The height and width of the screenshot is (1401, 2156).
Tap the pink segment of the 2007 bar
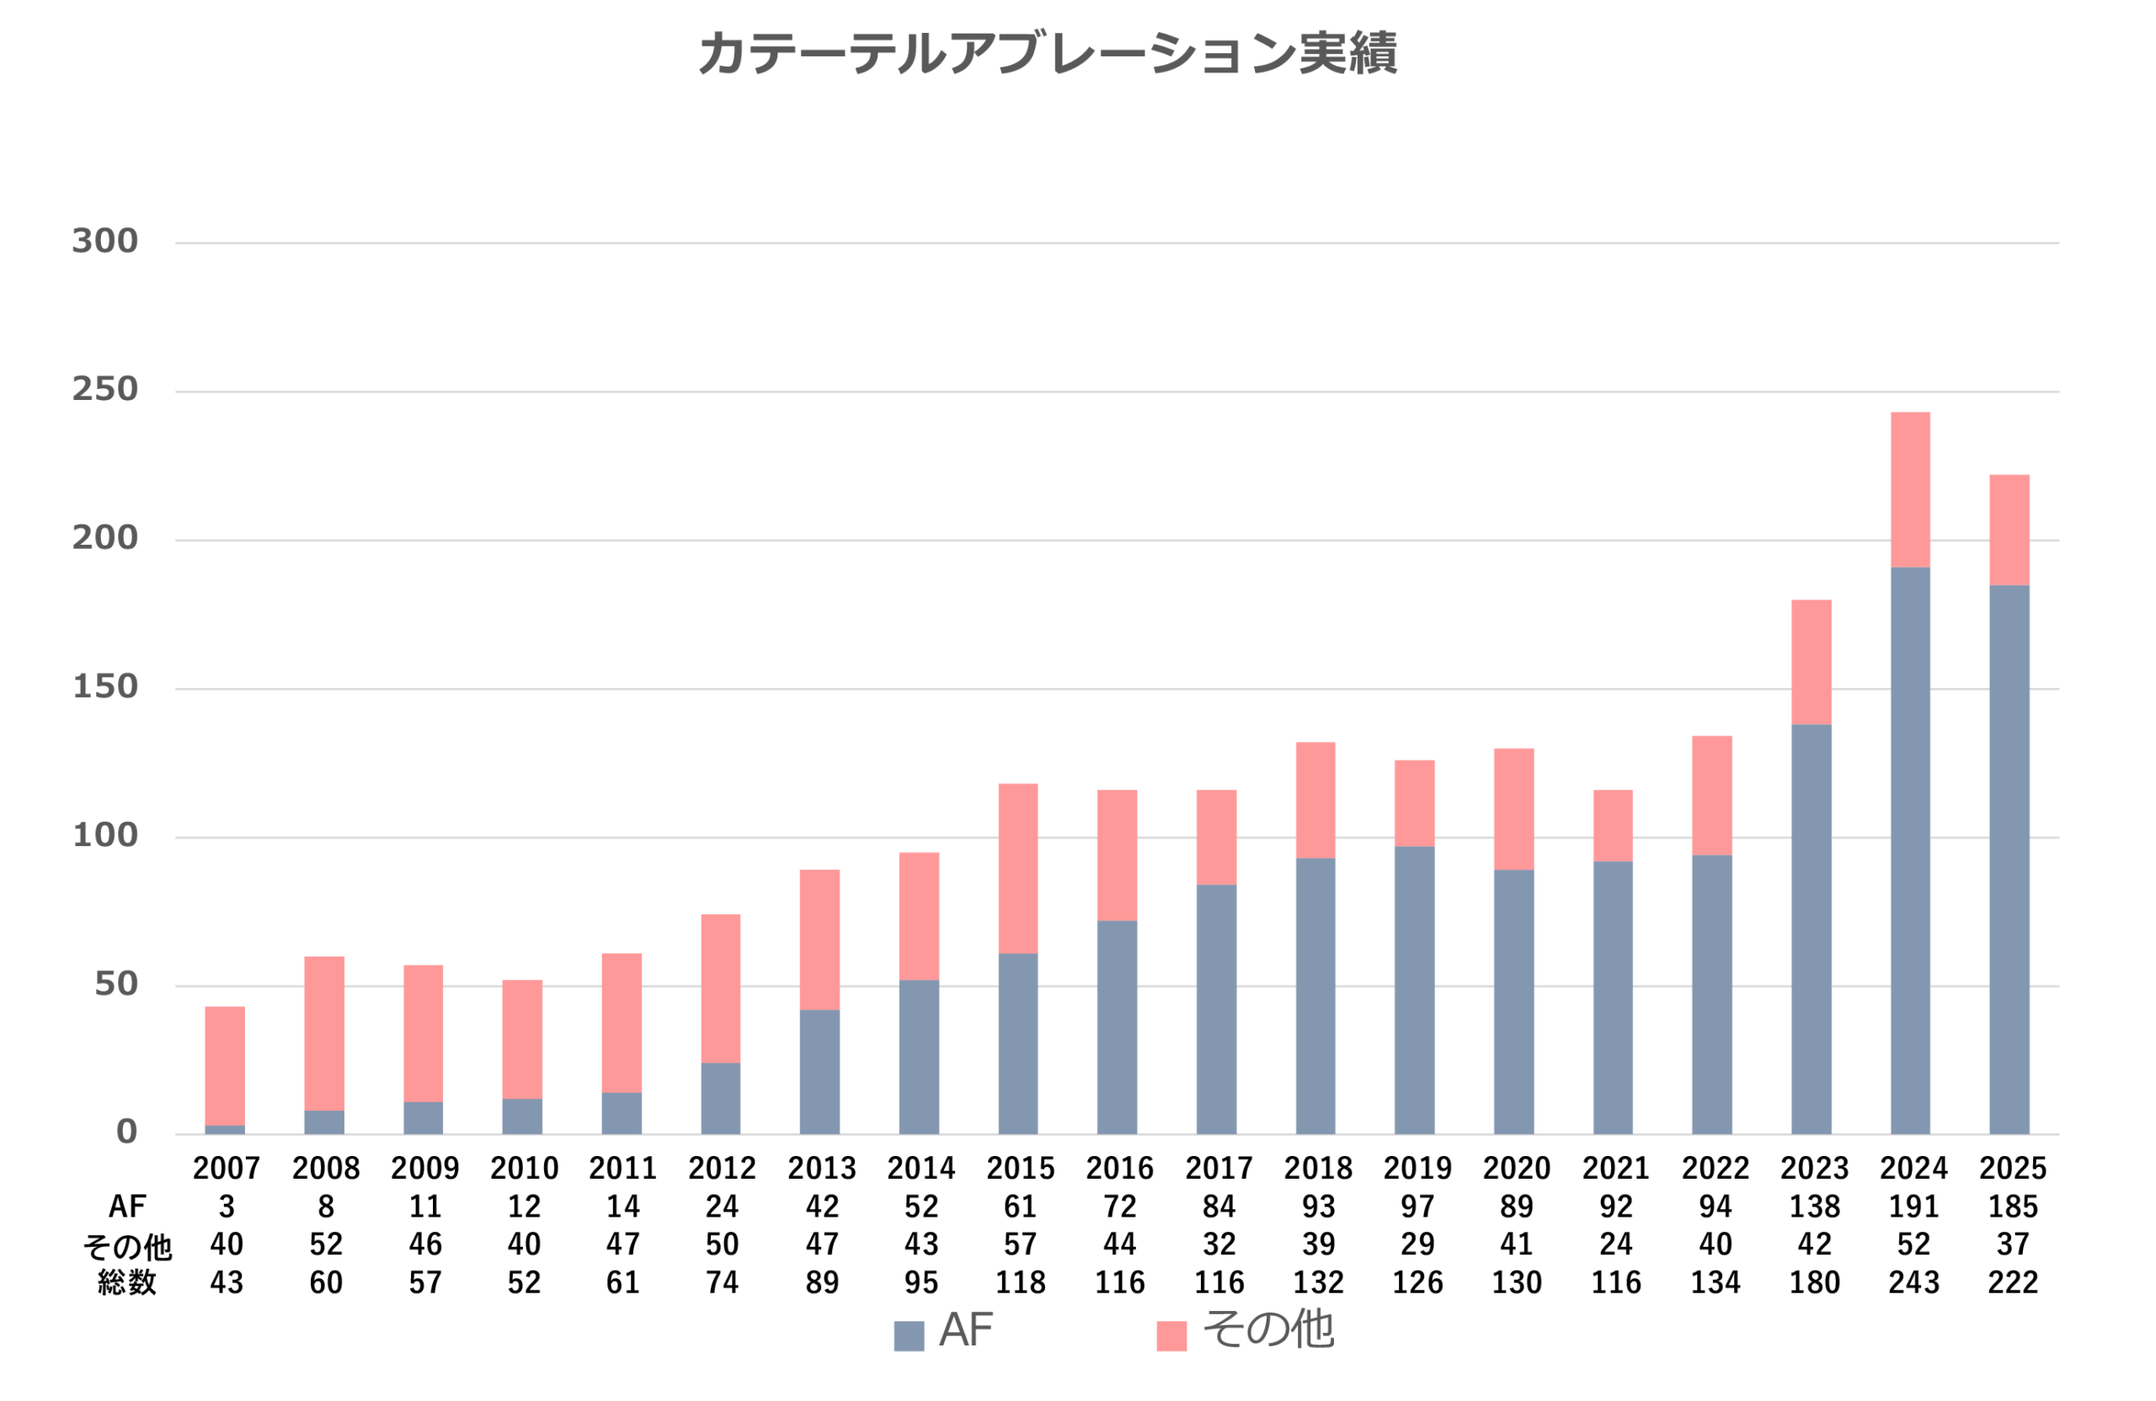[225, 1065]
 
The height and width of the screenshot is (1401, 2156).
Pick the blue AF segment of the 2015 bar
[1017, 1043]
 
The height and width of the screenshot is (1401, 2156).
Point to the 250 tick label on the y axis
[105, 390]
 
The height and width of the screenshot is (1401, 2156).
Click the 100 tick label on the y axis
[105, 835]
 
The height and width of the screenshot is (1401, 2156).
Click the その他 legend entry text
[1267, 1329]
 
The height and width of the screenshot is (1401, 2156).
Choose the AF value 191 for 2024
[1913, 1207]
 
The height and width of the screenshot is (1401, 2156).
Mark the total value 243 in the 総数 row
[1913, 1282]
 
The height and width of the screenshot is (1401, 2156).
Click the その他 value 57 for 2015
[1020, 1244]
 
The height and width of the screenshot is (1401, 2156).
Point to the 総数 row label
[127, 1282]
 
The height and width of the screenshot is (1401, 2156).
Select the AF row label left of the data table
[127, 1207]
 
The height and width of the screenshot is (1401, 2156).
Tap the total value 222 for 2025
[2012, 1282]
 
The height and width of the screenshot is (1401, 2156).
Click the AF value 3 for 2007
[227, 1207]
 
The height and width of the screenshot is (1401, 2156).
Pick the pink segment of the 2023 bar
[1811, 661]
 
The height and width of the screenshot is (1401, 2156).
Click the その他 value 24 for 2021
[1615, 1244]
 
